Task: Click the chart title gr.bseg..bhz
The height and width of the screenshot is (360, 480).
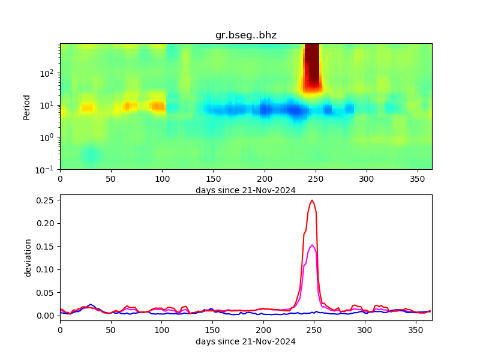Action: coord(245,35)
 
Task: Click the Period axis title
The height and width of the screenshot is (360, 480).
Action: coord(26,106)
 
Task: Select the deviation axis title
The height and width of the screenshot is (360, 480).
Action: coord(28,257)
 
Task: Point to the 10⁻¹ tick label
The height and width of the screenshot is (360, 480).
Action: coord(48,169)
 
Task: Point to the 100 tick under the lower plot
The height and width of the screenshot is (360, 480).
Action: coord(161,329)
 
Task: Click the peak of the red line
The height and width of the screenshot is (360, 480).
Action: coord(312,200)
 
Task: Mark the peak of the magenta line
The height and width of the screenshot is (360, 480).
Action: coord(312,245)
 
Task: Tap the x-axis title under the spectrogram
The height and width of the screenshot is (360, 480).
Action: coord(245,190)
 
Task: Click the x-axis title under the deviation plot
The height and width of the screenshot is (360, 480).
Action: coord(245,341)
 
